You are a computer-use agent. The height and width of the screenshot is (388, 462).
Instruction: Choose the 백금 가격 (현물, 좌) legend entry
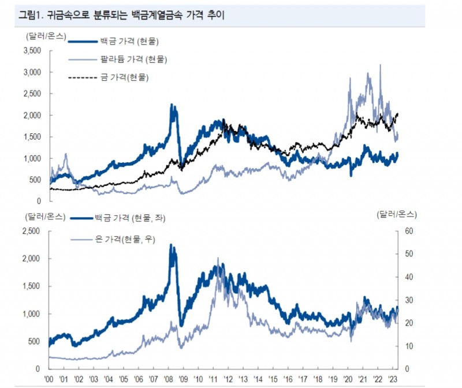click(136, 218)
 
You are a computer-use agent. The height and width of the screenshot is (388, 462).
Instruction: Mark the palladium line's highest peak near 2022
click(380, 65)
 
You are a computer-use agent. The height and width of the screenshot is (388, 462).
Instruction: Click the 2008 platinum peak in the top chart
click(172, 105)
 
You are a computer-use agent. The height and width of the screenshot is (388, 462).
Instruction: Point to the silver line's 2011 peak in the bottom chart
click(218, 258)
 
